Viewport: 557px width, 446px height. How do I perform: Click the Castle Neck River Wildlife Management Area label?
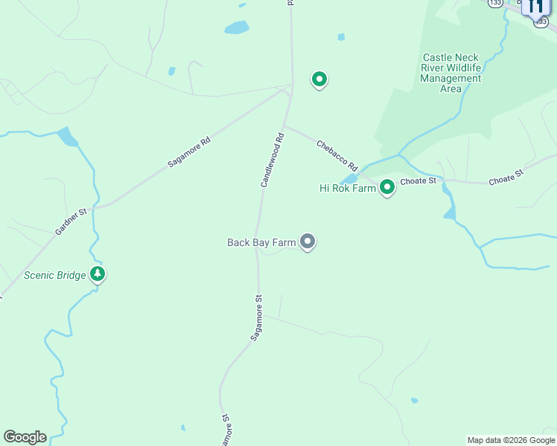[451, 73]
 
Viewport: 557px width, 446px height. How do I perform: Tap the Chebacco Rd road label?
[337, 155]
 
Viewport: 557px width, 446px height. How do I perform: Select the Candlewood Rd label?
[272, 159]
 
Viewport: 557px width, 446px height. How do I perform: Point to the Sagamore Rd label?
[189, 151]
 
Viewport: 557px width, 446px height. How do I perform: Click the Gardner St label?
[71, 222]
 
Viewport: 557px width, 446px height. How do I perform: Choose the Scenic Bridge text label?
[55, 275]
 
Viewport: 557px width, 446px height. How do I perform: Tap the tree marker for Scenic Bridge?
[97, 274]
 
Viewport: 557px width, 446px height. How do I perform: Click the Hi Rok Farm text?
[348, 188]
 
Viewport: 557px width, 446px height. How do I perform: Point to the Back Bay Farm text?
[261, 242]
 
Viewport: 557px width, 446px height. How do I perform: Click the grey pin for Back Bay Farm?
[308, 241]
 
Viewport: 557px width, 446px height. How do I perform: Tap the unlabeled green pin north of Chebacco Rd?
[319, 79]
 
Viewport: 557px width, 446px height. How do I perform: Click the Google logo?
[25, 437]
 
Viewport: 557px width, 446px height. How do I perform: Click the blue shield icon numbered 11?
[534, 7]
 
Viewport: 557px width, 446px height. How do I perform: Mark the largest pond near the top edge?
[237, 28]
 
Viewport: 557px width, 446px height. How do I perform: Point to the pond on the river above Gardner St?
[67, 137]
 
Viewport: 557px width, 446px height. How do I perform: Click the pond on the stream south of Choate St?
[449, 213]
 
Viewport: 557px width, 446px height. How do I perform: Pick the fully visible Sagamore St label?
[256, 318]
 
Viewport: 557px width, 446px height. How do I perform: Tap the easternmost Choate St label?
[506, 177]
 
